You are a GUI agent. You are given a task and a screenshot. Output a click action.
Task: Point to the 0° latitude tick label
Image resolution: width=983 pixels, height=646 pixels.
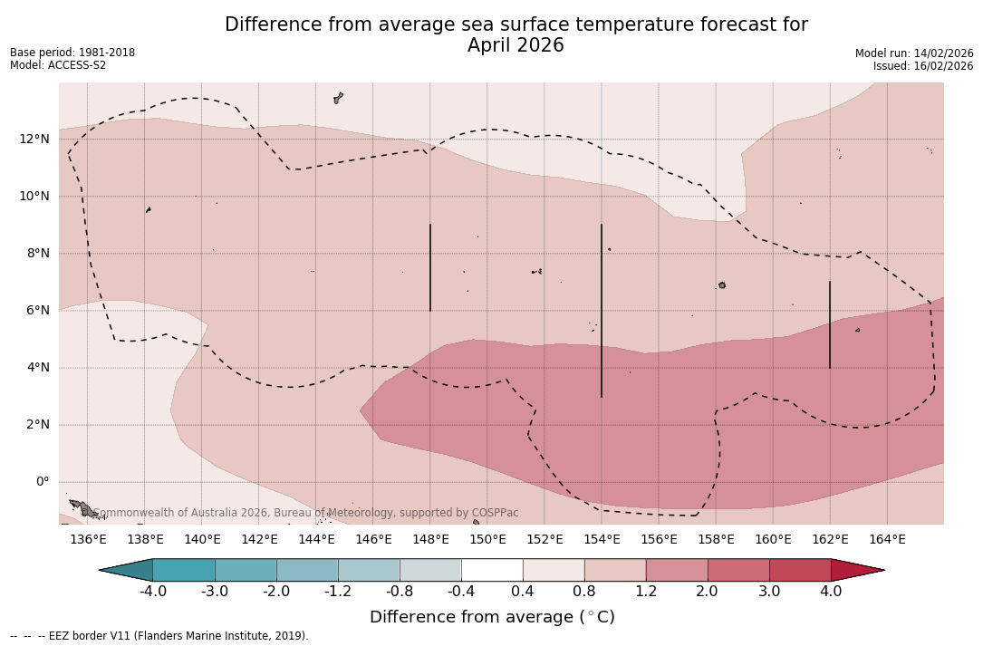[42, 482]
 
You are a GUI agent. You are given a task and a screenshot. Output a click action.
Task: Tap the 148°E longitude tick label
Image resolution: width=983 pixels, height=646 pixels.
[430, 540]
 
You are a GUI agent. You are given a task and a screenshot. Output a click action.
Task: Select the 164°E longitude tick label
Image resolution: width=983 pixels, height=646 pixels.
[887, 540]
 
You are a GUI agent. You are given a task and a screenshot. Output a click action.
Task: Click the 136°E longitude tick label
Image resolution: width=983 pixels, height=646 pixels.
[88, 540]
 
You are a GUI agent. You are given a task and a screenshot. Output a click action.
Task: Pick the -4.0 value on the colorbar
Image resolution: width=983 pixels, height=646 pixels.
[152, 592]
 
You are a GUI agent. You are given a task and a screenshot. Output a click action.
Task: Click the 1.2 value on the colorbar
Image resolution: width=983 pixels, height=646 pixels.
[646, 592]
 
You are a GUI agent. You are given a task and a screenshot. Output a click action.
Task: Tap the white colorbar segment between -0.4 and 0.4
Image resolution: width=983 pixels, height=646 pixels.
[492, 570]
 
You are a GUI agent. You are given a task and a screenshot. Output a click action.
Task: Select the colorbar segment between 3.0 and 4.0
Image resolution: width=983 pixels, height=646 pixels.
[800, 570]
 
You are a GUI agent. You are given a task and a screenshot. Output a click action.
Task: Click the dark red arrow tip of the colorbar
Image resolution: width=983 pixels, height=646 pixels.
[856, 570]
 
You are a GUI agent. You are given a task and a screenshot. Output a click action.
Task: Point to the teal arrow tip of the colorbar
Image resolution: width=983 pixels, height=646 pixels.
[127, 570]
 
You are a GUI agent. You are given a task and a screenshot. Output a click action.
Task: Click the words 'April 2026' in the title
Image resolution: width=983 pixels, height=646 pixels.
[516, 45]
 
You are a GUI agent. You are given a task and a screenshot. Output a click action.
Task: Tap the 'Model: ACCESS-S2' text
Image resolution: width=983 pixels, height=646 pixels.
[58, 65]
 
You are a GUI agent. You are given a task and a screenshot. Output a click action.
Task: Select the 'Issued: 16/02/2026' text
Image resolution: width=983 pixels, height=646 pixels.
[923, 66]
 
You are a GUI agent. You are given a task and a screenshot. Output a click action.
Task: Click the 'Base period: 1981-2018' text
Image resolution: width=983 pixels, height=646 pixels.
[72, 53]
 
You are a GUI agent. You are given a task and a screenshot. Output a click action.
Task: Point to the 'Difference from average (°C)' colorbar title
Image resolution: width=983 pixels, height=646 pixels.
[492, 617]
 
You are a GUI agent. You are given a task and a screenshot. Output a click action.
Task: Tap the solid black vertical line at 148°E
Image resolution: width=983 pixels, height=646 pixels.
[430, 267]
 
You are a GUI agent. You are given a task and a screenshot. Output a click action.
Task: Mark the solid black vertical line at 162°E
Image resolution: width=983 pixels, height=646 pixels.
[830, 324]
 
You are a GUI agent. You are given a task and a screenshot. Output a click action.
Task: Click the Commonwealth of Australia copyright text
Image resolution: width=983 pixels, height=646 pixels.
[306, 513]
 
